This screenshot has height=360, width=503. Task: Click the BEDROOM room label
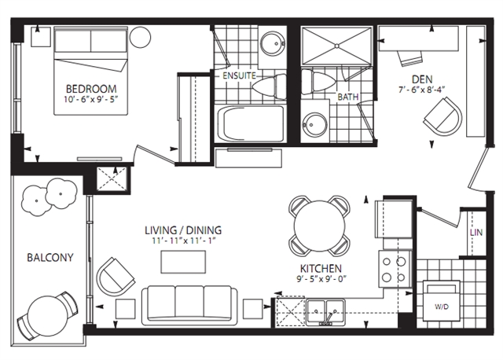(x=91, y=89)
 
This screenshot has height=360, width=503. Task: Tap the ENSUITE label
(x=239, y=75)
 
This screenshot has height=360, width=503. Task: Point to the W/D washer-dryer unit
(x=442, y=300)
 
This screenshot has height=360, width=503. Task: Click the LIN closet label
(x=476, y=233)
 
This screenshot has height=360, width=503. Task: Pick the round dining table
(x=320, y=226)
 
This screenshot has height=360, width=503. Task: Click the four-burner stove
(x=395, y=269)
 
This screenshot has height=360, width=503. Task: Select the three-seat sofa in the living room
(x=189, y=303)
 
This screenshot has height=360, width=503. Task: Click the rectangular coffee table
(x=183, y=262)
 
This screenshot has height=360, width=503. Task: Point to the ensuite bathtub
(x=251, y=123)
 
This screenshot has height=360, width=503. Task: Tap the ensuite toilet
(x=269, y=86)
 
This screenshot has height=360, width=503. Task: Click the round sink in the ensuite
(x=273, y=43)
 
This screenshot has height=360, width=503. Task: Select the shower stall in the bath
(x=337, y=46)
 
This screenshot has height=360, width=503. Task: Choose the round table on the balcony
(x=48, y=316)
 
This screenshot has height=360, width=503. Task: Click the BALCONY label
(x=50, y=257)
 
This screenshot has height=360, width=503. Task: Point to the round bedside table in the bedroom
(x=140, y=37)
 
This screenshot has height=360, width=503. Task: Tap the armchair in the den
(x=443, y=116)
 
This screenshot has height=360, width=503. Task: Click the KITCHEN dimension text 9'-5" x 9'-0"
(x=321, y=279)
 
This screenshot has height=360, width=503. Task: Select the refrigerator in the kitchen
(x=394, y=219)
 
